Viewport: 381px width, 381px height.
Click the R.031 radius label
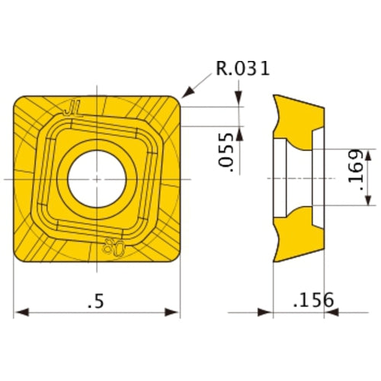click(243, 69)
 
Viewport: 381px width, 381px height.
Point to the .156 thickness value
click(312, 299)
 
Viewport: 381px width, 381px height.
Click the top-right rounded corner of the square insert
click(175, 99)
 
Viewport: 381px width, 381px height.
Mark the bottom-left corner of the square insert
click(18, 258)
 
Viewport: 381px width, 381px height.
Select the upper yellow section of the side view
click(299, 114)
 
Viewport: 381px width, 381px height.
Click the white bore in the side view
click(299, 178)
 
